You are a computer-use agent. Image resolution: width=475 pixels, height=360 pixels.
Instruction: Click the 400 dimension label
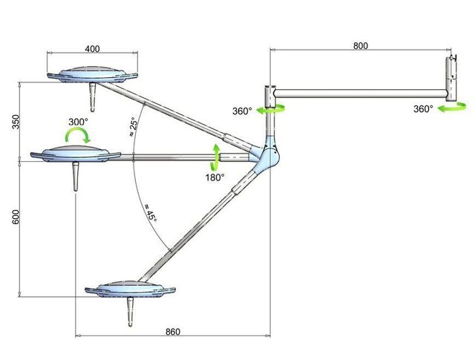click(92, 49)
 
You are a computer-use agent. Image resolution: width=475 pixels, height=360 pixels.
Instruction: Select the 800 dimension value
click(361, 46)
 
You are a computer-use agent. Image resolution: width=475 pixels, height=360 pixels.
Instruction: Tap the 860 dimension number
click(173, 332)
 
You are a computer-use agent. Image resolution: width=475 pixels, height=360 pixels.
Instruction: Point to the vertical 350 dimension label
click(16, 122)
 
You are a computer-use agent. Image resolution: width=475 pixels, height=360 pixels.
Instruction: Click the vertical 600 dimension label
click(16, 217)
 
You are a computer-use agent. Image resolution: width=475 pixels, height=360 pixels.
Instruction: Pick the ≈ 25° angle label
click(134, 128)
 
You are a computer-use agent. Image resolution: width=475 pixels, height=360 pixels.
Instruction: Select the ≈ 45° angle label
click(150, 213)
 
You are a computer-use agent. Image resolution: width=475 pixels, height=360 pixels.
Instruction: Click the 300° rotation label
click(78, 122)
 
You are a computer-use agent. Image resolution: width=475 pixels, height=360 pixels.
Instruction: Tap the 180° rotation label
click(215, 177)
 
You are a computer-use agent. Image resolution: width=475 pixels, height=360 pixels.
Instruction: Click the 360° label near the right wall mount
click(423, 109)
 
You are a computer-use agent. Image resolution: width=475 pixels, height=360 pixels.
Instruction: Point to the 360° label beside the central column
click(242, 111)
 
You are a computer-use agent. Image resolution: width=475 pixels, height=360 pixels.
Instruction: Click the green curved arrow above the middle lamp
click(78, 133)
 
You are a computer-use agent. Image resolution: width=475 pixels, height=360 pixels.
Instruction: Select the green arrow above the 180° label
click(215, 157)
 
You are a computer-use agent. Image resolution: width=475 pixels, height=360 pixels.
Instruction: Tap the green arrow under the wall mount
click(452, 107)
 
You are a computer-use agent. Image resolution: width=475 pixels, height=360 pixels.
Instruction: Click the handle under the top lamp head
click(92, 97)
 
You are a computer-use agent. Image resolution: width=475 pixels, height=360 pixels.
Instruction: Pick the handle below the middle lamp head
click(76, 177)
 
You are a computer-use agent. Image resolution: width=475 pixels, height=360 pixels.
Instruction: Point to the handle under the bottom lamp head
click(130, 312)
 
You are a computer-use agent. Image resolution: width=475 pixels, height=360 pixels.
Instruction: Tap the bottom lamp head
click(131, 289)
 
